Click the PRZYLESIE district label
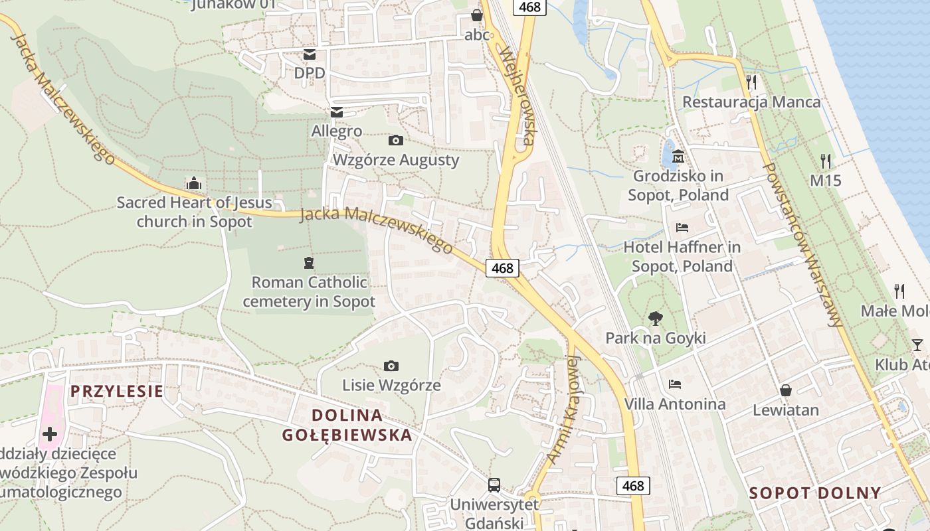(x=117, y=391)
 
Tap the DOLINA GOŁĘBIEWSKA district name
(x=347, y=425)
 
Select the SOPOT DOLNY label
(x=815, y=493)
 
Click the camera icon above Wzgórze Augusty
(x=395, y=140)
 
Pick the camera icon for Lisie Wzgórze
(x=391, y=366)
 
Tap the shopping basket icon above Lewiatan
(x=786, y=390)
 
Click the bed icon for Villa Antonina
(x=675, y=384)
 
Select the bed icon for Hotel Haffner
(x=682, y=227)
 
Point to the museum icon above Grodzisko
(x=678, y=157)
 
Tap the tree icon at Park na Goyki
(x=655, y=318)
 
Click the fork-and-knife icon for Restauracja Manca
(x=751, y=82)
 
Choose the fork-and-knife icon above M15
(x=825, y=161)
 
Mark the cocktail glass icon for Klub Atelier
(x=917, y=344)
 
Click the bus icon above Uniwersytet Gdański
(x=494, y=485)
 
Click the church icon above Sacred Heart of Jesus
(x=194, y=183)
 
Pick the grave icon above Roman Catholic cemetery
(x=308, y=263)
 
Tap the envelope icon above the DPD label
(x=310, y=54)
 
